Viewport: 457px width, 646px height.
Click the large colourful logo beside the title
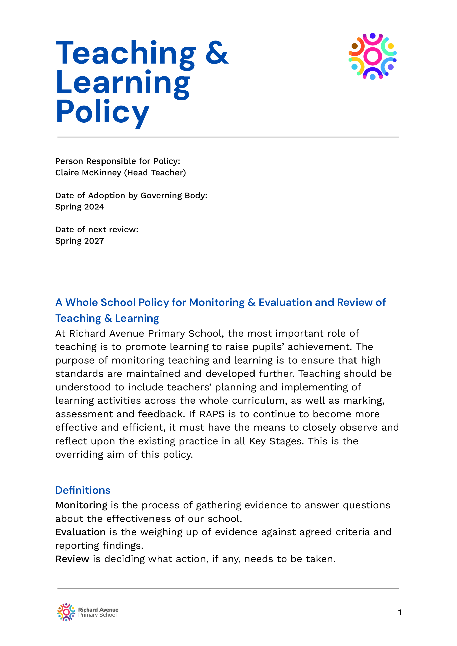pos(372,56)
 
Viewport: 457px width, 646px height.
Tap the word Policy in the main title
pos(103,112)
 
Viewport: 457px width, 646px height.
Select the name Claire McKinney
pos(88,172)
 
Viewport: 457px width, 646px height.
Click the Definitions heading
pos(83,490)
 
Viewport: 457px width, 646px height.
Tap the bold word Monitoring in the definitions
pos(81,505)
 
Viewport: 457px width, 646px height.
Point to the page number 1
pos(399,612)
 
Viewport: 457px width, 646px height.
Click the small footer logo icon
pos(66,612)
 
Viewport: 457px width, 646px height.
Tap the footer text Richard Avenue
pos(98,610)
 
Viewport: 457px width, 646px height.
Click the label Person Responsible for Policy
pos(117,161)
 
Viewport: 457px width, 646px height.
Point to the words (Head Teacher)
pos(155,172)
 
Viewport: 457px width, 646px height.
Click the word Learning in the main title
pos(123,83)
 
